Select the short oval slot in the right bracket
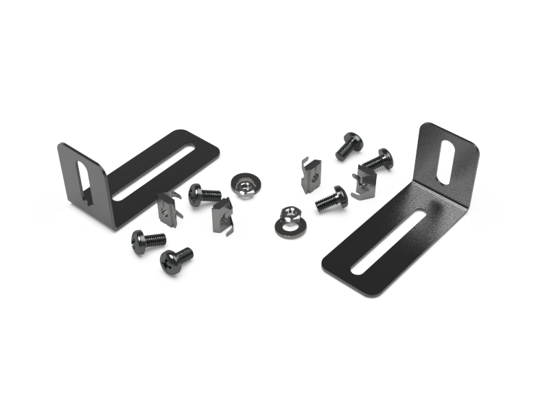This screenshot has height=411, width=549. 445,161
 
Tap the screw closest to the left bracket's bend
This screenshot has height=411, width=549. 147,240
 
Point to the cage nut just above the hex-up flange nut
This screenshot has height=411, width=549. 310,175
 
